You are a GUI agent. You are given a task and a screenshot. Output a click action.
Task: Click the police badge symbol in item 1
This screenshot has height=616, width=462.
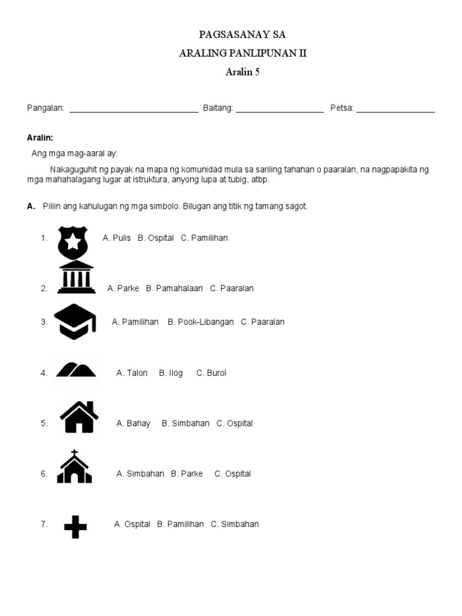pos(72,242)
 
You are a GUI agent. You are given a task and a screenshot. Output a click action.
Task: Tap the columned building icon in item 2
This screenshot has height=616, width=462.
pos(76,278)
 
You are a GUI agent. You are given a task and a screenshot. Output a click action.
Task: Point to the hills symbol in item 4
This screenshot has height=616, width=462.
pos(76,369)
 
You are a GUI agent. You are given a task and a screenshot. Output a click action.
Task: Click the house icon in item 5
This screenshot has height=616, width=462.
pos(79,417)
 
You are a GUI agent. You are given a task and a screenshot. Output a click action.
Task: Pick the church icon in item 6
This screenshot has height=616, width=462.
pos(75,467)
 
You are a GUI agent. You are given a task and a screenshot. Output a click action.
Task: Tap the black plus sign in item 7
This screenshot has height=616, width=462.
pos(75,528)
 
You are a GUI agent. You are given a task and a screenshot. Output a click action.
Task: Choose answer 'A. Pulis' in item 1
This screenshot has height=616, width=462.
pos(117,238)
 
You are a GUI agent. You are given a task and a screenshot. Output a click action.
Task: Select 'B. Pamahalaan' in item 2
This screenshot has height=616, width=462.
pos(174,288)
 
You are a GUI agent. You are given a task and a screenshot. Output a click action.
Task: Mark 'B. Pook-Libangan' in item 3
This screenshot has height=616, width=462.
pos(201,322)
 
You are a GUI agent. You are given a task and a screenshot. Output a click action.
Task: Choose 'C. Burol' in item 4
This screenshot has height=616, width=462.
pos(211,373)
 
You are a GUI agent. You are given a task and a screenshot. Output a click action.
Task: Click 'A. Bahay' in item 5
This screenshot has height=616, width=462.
pos(134,423)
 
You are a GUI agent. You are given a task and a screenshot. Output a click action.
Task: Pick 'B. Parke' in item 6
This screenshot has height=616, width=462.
pos(186,473)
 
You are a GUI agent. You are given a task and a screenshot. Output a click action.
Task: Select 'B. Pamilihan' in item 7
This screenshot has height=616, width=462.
pos(180,524)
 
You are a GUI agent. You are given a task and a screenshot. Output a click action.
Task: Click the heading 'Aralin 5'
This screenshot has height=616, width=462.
pos(243,73)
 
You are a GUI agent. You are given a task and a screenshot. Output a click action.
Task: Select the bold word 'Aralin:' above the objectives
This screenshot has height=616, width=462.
pos(40,138)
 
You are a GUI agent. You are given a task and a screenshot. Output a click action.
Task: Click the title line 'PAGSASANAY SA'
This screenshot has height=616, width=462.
pos(243,35)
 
